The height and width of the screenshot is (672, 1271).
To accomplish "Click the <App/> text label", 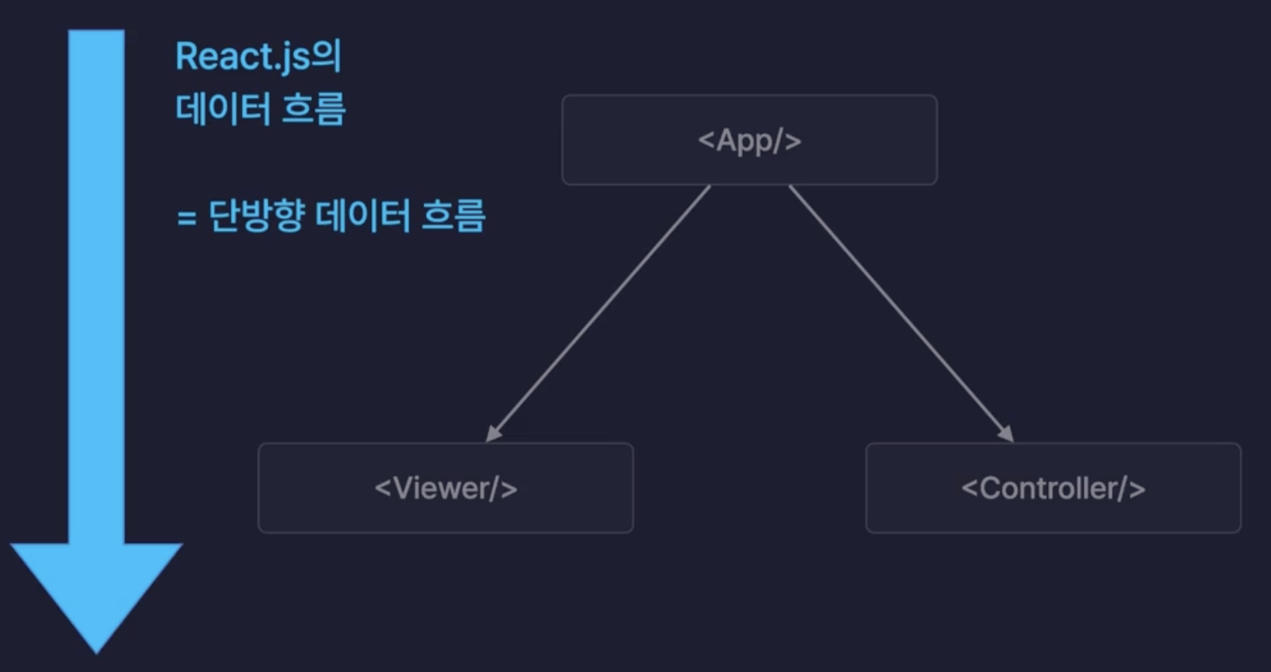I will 749,141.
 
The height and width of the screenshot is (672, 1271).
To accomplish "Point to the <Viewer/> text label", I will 446,488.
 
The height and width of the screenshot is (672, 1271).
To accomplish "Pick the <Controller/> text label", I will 1053,488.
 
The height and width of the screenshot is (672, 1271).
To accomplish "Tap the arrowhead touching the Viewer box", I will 493,433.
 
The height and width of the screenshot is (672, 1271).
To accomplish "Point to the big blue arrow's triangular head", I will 96,589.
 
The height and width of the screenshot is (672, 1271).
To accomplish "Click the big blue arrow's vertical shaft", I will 96,287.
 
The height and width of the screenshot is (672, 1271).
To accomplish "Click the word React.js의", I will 258,57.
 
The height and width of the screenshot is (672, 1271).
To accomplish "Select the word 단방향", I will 256,216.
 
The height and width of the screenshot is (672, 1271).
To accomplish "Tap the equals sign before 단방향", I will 186,217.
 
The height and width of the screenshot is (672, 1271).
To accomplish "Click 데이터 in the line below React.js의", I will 223,109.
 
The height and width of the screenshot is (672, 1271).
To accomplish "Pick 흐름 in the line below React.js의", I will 314,109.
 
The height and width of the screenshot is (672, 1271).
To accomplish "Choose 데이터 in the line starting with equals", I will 362,216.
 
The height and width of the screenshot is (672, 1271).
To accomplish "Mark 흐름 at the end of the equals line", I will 453,216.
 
